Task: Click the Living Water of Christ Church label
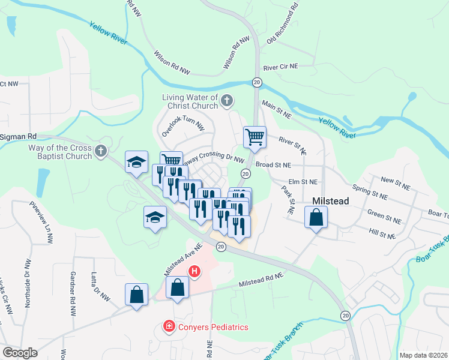click(x=189, y=101)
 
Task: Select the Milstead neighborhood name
click(x=330, y=202)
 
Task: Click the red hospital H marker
click(x=194, y=272)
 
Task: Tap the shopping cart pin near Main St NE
click(x=255, y=137)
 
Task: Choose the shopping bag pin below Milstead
click(x=316, y=217)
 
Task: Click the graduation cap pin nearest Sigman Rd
click(x=136, y=163)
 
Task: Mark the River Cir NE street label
click(x=288, y=68)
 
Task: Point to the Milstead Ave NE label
click(x=183, y=263)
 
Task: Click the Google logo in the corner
click(x=19, y=352)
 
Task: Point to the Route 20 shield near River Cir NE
click(x=256, y=82)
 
